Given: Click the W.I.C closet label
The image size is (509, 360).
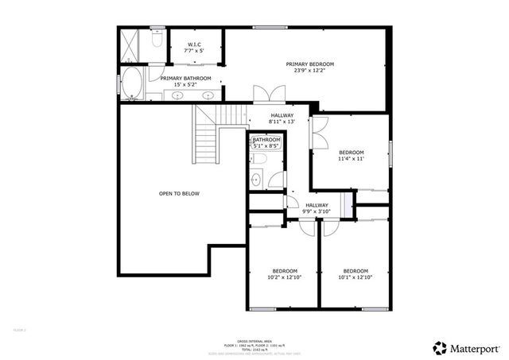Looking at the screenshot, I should [x=193, y=44].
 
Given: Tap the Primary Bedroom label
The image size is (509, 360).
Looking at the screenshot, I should [x=310, y=64].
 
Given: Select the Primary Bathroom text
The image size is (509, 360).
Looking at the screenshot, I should [x=185, y=79].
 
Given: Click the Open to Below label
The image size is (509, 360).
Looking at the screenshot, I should [x=179, y=193].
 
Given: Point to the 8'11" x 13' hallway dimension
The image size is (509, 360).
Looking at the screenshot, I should [x=282, y=122].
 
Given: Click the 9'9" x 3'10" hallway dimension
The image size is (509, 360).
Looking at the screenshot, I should [x=316, y=212].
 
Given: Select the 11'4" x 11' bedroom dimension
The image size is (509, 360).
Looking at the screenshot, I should [x=351, y=160].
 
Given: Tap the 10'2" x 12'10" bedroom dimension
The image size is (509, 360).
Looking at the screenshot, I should [x=284, y=277].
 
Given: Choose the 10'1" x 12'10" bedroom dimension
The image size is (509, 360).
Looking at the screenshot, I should [x=356, y=277].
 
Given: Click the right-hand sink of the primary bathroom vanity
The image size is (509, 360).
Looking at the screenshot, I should [x=208, y=95].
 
